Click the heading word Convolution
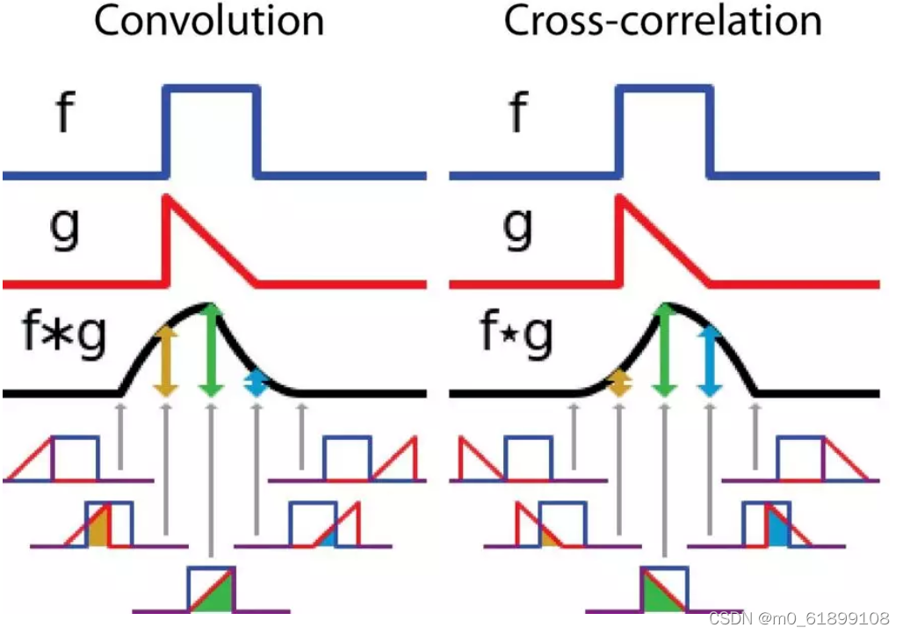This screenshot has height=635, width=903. tap(209, 21)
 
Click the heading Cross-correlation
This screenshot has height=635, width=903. tap(663, 21)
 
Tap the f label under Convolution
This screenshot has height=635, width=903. tap(61, 113)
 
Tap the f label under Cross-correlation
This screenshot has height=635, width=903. tap(518, 113)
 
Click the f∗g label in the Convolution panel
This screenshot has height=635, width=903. tap(61, 337)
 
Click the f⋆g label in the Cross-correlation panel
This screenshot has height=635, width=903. tap(517, 337)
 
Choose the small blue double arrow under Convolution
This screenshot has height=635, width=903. tap(256, 383)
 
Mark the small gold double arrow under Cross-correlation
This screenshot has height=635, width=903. tap(619, 383)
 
